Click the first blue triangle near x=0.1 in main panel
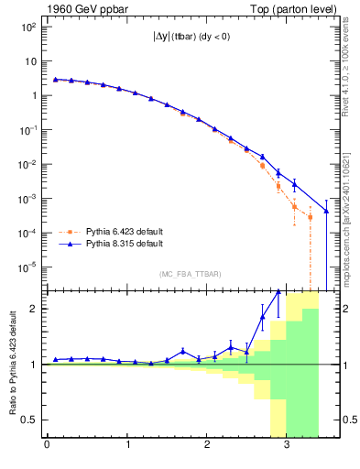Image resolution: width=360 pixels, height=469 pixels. click(55, 80)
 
